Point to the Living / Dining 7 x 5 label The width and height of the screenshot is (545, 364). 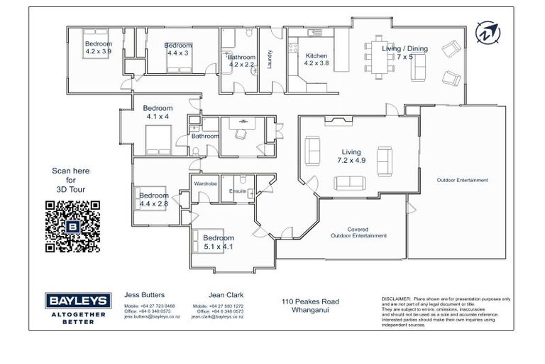click(x=404, y=53)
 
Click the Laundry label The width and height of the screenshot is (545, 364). click(x=270, y=60)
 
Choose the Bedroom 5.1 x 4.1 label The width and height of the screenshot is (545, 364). click(x=218, y=242)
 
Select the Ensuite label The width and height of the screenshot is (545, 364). click(x=238, y=191)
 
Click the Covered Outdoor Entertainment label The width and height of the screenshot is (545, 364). click(x=358, y=232)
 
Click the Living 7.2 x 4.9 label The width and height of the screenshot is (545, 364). click(x=351, y=156)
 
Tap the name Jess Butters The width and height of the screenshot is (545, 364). click(x=144, y=294)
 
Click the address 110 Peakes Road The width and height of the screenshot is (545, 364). click(x=310, y=301)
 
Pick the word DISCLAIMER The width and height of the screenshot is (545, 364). click(x=396, y=299)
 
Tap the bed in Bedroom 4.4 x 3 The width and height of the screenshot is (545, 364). click(x=177, y=64)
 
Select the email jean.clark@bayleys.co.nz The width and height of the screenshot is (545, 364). click(x=217, y=317)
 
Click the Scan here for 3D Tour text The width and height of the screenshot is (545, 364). click(x=71, y=180)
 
